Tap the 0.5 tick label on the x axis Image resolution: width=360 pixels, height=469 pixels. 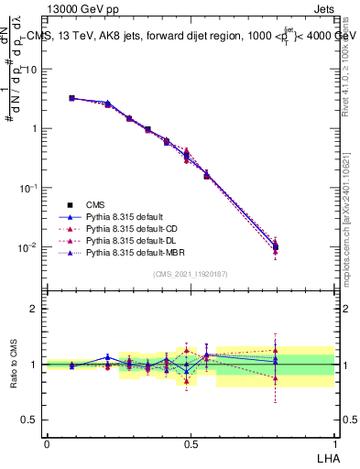point(191,443)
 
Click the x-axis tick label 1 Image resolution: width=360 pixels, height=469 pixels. point(334,443)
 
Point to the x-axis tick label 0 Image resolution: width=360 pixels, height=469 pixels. point(47,443)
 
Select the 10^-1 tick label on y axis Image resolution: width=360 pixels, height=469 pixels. point(29,188)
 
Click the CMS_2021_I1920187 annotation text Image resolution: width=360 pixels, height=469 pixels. point(191,274)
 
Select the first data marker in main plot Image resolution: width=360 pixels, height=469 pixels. point(71,98)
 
